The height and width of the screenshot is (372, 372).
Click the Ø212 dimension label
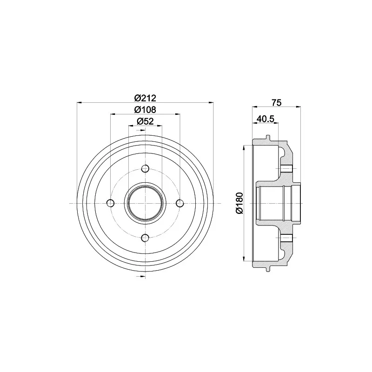tap(145, 98)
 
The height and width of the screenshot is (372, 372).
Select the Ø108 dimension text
tap(145, 110)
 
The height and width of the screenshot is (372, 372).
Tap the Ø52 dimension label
tap(145, 121)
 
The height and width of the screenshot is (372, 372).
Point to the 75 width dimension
tap(276, 103)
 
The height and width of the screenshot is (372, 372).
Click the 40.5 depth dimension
tap(265, 119)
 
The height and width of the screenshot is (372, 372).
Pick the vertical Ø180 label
tap(239, 203)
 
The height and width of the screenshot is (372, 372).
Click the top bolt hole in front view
tap(145, 169)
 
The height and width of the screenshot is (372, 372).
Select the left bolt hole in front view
tap(111, 203)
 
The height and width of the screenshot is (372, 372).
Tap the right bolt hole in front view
tap(180, 203)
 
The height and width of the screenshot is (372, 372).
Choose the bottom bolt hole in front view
tap(145, 238)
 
